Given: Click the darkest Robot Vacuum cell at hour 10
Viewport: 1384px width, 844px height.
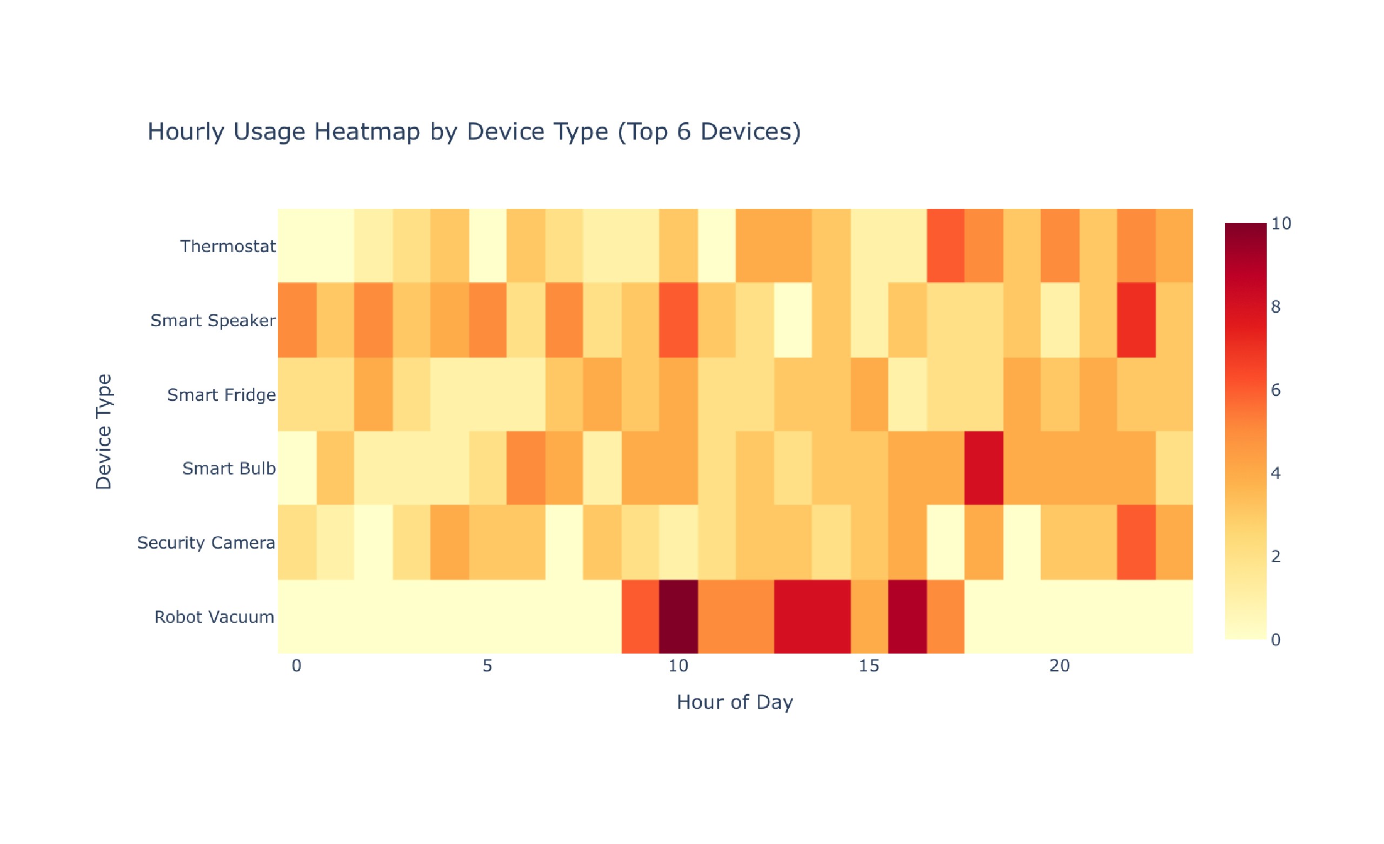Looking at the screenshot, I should coord(678,616).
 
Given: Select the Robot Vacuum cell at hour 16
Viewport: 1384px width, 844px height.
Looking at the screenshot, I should coord(907,616).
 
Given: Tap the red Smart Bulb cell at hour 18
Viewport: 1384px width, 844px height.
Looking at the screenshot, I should coord(983,468).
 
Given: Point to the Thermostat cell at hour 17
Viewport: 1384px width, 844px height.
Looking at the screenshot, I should coord(946,246).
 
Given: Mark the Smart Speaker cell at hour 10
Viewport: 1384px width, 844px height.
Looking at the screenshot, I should coord(678,320).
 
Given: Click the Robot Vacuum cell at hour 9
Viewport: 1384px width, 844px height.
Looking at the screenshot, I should coord(640,616).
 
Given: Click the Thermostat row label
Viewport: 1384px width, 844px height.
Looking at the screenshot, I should coord(228,246).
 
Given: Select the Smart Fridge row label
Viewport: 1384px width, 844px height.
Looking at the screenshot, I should coord(221,394).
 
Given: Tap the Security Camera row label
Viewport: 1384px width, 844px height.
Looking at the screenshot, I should coord(206,542).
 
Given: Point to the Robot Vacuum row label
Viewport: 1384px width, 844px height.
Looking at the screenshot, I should coord(214,616).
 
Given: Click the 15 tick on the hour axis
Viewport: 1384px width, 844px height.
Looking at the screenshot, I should coord(868,666).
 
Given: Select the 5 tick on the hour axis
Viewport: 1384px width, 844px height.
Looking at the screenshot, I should coord(487,666).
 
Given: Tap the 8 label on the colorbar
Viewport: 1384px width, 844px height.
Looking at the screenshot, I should coord(1275,307).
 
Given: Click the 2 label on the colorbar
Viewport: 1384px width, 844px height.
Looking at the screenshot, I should coord(1275,556).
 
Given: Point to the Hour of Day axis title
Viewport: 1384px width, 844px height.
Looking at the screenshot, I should coord(735,702).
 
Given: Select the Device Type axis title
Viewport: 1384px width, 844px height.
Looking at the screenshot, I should coord(104,432).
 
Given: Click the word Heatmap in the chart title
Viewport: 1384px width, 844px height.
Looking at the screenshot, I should coord(366,131).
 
